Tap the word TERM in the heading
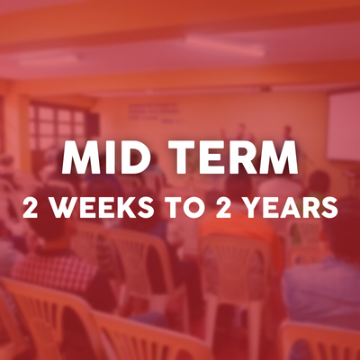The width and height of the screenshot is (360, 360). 232,157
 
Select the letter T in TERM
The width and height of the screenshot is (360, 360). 180,157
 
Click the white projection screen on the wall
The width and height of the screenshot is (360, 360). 344,126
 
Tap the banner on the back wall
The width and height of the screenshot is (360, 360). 154,111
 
